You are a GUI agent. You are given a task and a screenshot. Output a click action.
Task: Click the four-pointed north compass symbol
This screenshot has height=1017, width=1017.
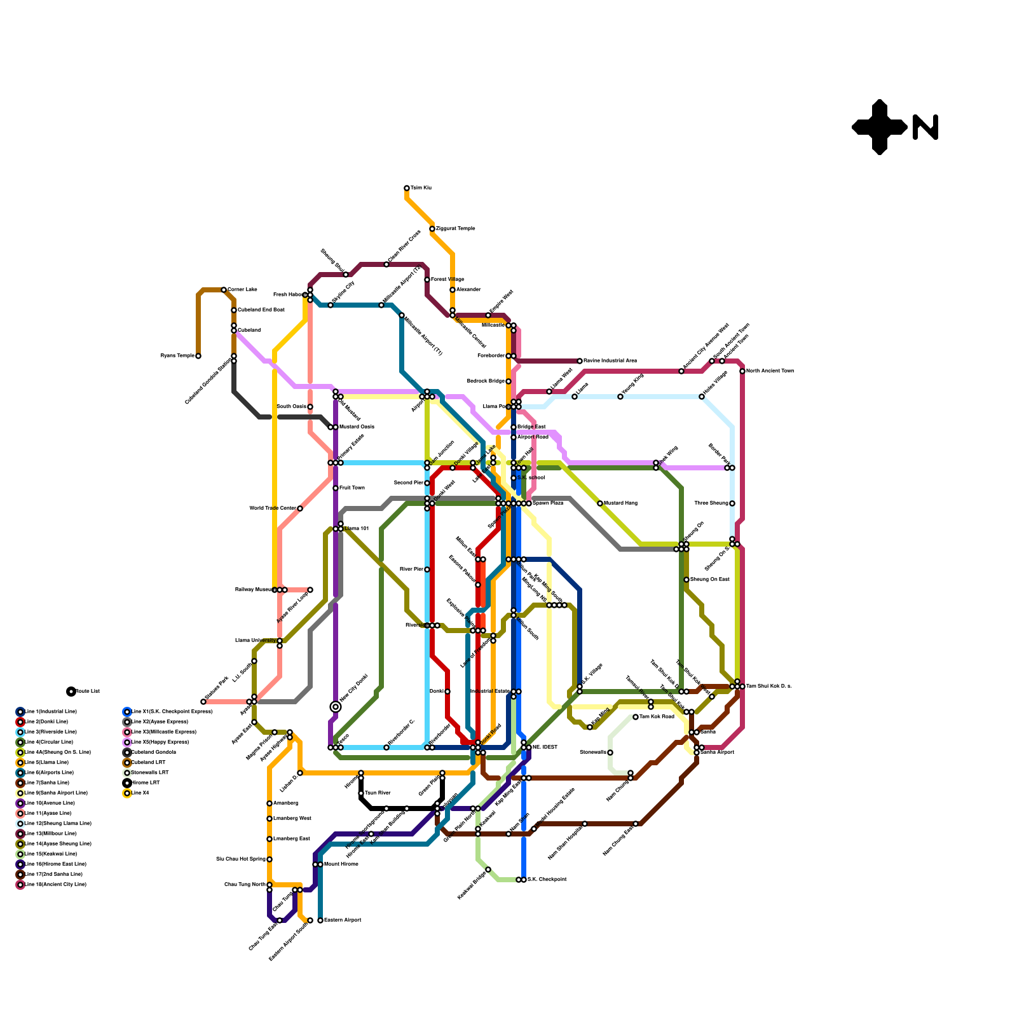click(879, 127)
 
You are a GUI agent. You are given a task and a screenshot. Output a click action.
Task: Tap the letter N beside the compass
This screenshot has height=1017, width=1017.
click(925, 127)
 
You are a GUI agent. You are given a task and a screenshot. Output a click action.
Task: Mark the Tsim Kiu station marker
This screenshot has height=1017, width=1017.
click(407, 188)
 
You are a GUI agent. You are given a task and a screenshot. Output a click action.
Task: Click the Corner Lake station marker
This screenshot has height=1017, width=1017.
click(224, 290)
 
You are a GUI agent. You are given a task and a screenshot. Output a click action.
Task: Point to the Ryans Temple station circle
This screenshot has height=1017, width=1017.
click(198, 356)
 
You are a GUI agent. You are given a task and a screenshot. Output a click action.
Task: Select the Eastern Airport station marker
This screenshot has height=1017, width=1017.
click(320, 920)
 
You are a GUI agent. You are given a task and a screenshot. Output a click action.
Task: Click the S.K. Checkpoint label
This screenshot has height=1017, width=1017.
click(547, 879)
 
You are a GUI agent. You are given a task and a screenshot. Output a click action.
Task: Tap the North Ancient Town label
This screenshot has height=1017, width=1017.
click(770, 371)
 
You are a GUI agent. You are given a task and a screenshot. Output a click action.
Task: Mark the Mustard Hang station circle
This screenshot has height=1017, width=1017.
click(600, 503)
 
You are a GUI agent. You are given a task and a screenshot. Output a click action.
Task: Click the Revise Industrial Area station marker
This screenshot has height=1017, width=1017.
click(580, 361)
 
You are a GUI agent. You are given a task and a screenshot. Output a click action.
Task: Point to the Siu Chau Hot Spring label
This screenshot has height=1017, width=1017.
click(241, 859)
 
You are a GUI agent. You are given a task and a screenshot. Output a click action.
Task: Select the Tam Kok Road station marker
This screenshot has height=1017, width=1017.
click(636, 717)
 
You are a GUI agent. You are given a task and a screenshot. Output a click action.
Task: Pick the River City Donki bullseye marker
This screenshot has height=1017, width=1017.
click(336, 707)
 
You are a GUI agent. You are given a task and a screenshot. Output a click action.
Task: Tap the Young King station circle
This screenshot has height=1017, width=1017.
click(620, 397)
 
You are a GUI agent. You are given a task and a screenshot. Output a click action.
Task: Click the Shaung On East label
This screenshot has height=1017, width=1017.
click(709, 579)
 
